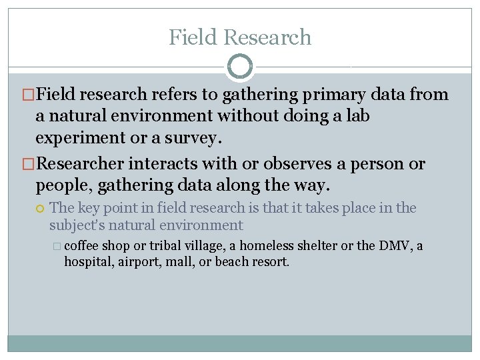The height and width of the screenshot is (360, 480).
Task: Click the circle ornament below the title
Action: click(x=240, y=67)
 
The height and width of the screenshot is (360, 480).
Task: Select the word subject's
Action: click(x=79, y=225)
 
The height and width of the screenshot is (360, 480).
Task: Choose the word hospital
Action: click(x=89, y=261)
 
